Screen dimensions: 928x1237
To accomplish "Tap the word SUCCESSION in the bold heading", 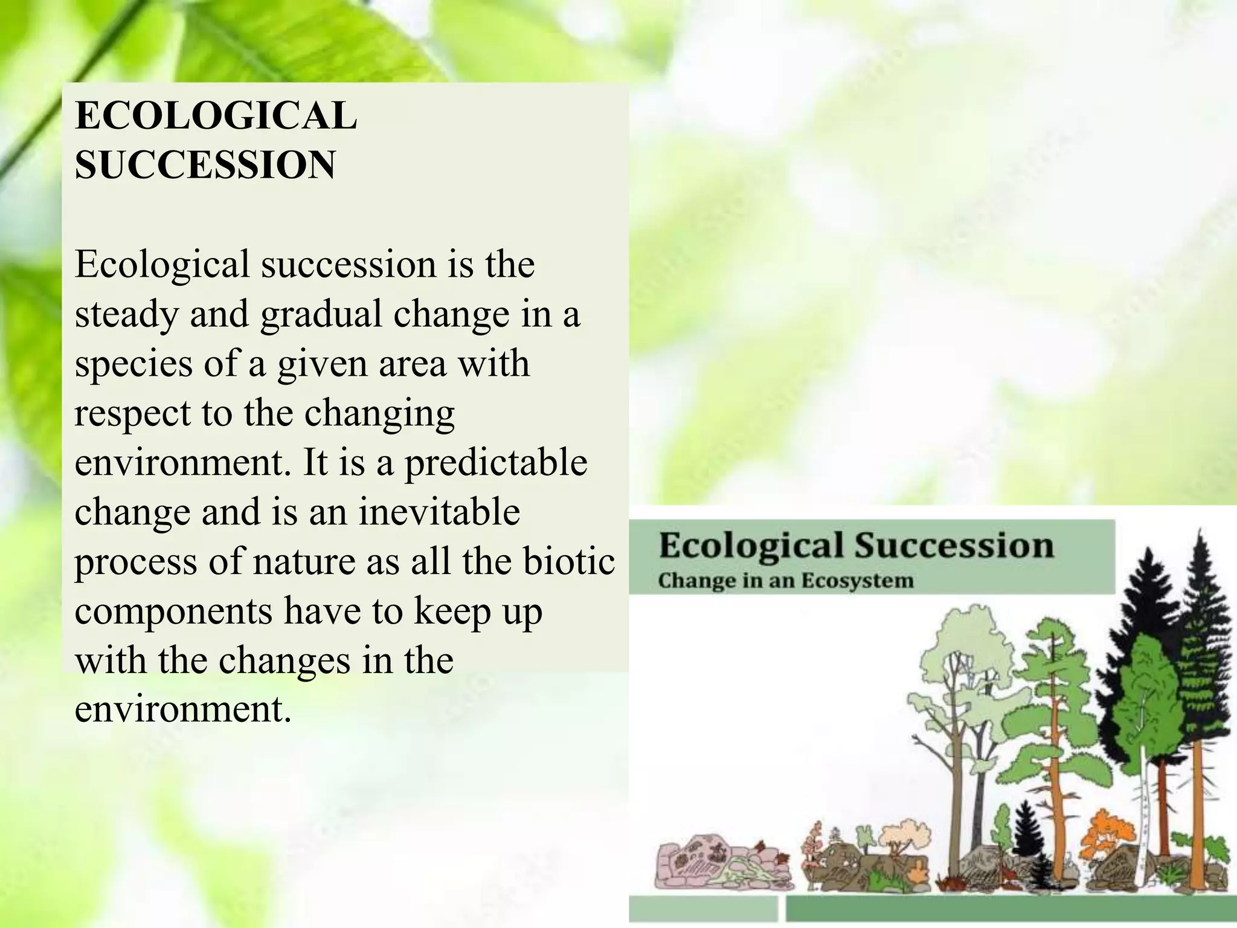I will [205, 164].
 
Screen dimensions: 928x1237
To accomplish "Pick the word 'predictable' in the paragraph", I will [495, 463].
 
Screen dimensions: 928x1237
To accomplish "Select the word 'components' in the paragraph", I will [173, 611].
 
